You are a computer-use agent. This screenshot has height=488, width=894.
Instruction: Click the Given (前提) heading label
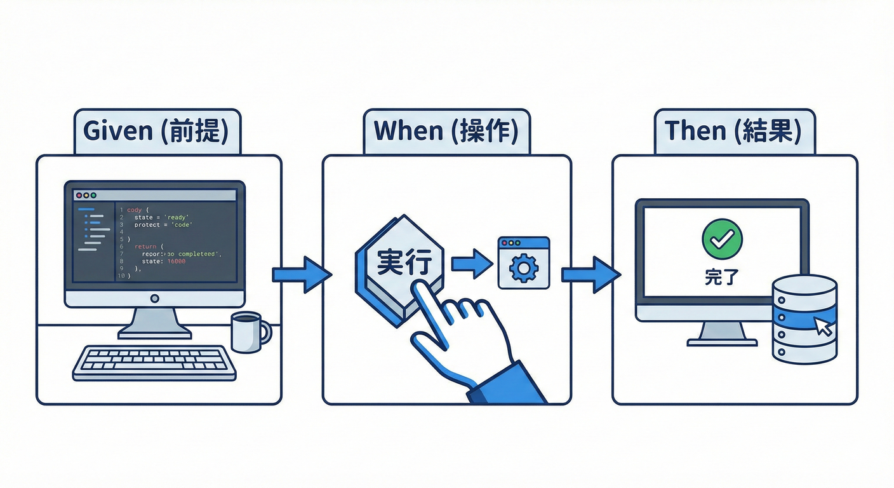pos(157,131)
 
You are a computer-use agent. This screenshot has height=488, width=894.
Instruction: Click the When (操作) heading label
pos(446,131)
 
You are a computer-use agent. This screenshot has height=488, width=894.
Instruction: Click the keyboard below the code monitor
pos(154,363)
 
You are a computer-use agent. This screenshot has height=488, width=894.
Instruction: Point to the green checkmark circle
pos(722,238)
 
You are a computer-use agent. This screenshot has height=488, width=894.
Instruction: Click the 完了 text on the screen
pos(721,277)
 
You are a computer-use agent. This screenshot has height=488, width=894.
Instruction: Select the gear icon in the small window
pos(524,269)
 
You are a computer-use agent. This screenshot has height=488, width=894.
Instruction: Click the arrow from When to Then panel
pos(591,274)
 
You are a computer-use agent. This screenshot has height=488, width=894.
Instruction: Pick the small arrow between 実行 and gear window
pos(472,262)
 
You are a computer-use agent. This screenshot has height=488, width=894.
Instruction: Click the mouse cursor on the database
pos(824,327)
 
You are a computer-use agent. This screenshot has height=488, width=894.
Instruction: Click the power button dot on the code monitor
pos(154,298)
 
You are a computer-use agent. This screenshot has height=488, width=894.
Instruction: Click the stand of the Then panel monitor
pos(722,333)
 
